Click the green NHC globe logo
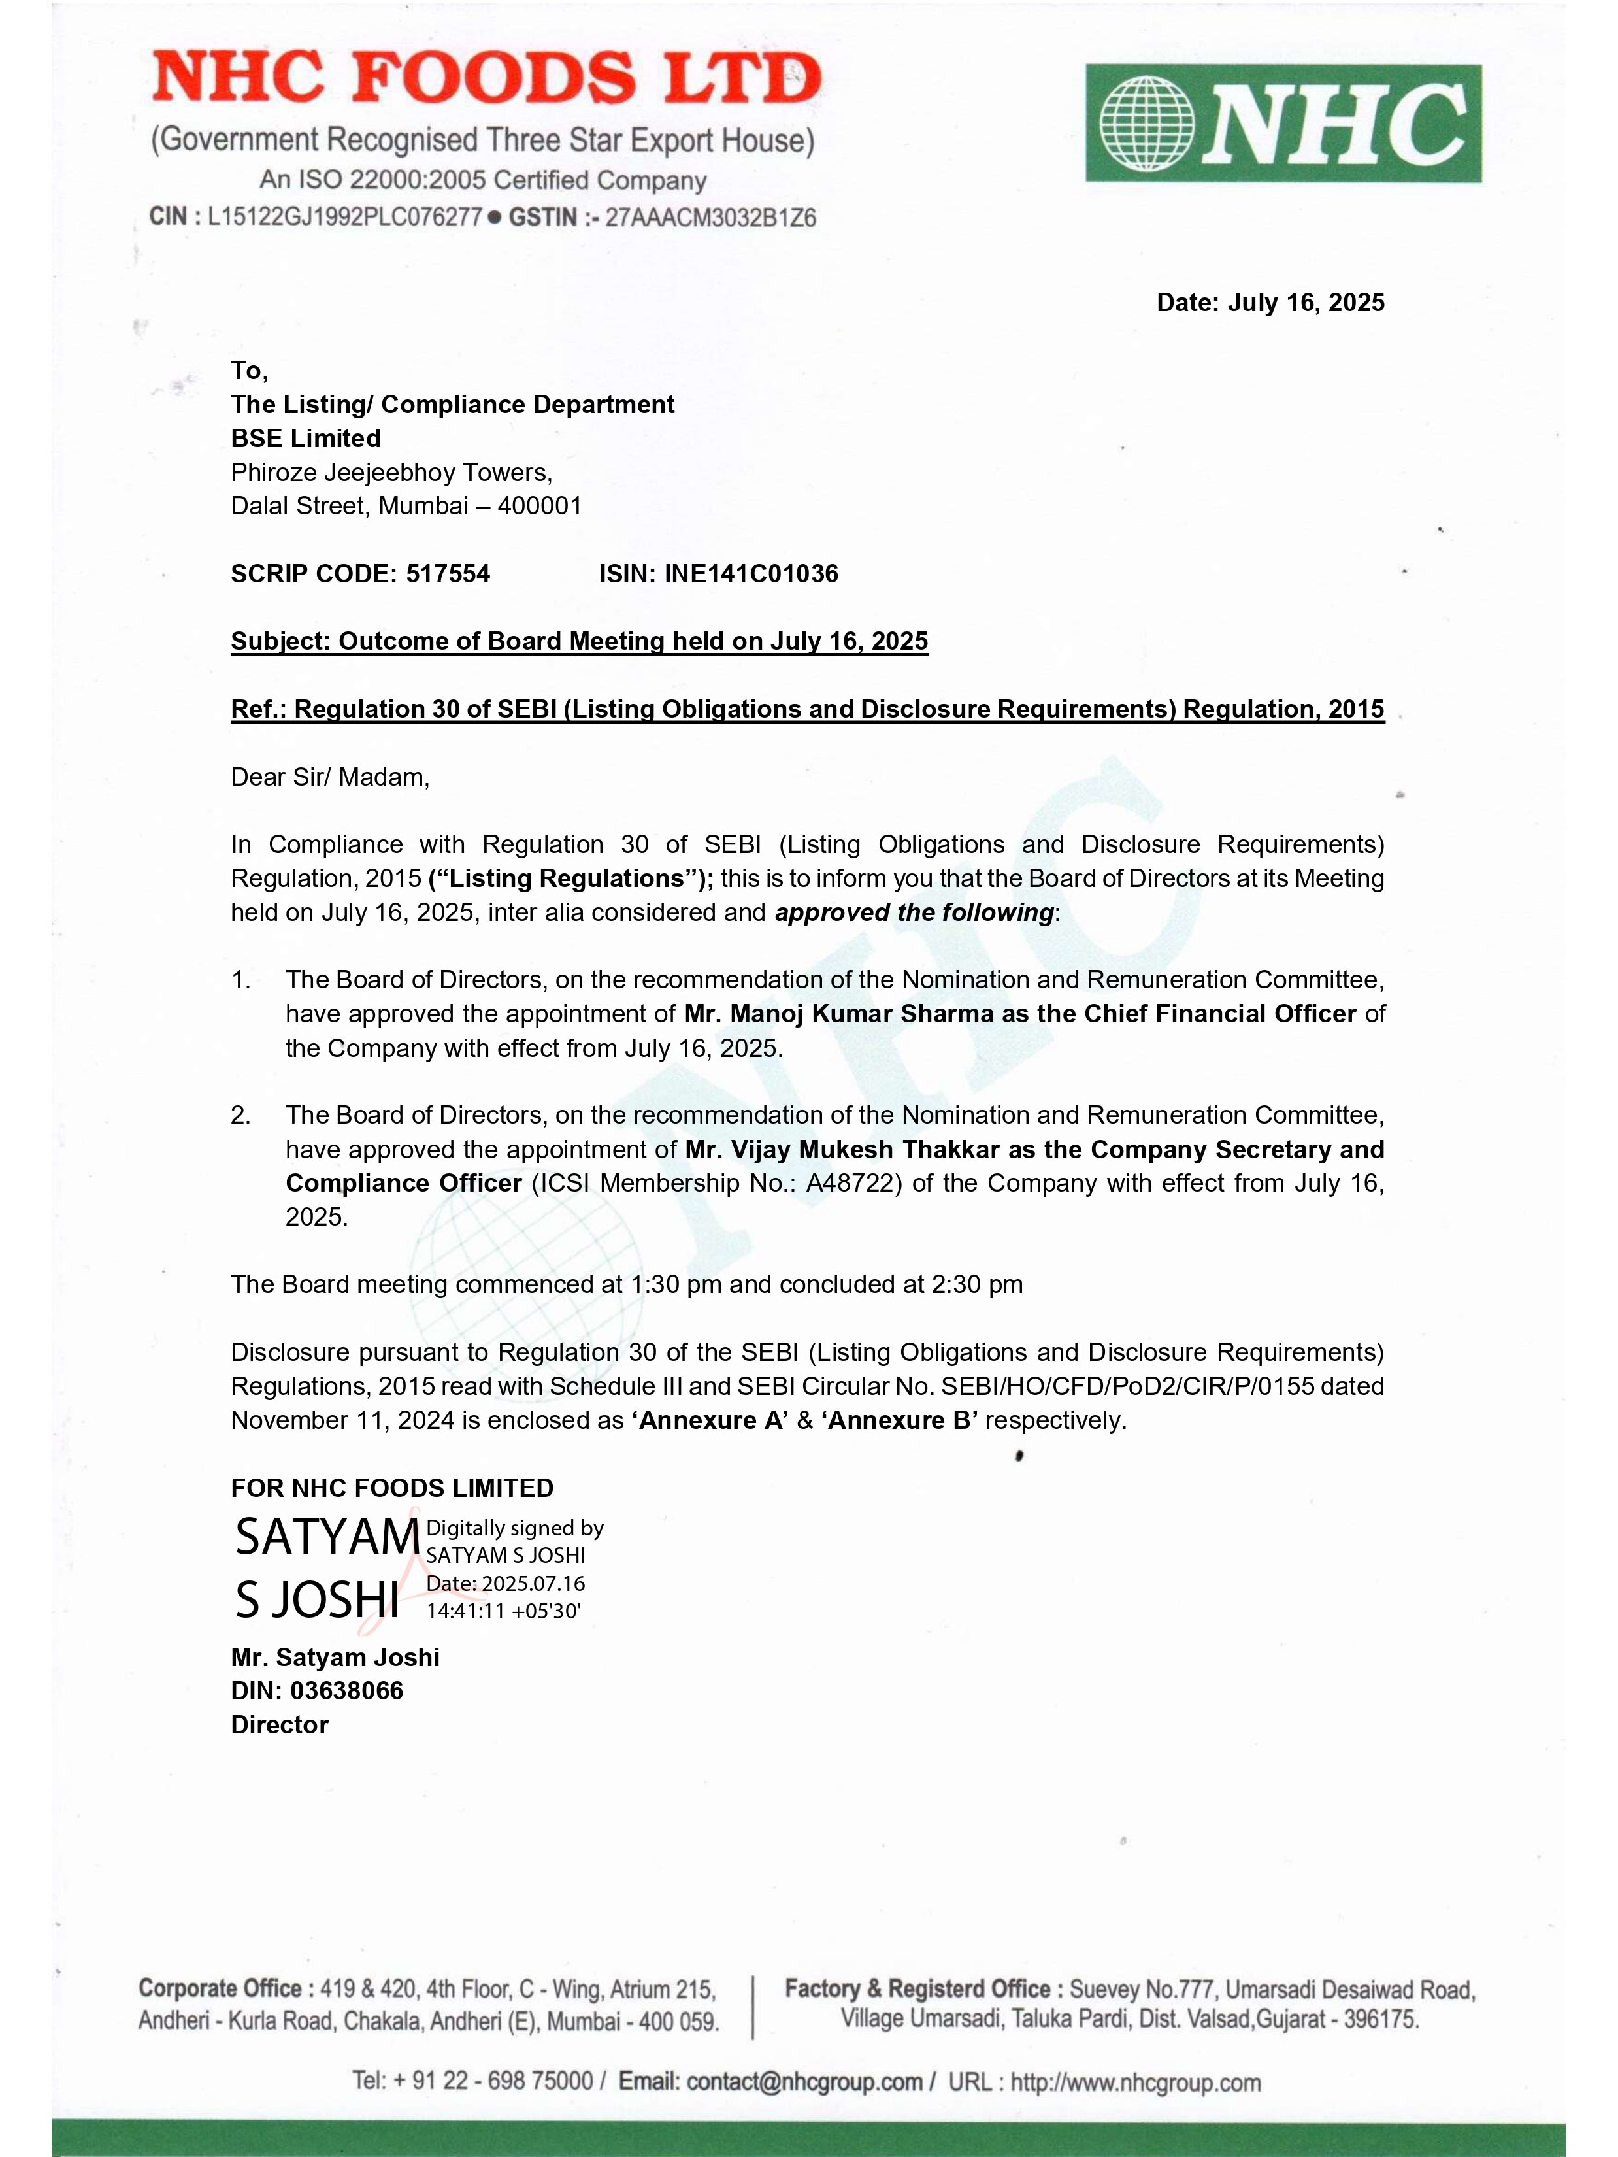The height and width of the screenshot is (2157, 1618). tap(1283, 124)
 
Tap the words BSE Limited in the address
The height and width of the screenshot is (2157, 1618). tap(306, 439)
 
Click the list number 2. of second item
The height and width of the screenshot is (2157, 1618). tap(240, 1116)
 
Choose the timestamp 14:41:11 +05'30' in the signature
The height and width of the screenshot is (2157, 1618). tap(503, 1611)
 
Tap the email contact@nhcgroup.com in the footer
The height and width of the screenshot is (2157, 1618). tap(804, 2081)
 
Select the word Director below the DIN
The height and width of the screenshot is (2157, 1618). tap(280, 1724)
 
